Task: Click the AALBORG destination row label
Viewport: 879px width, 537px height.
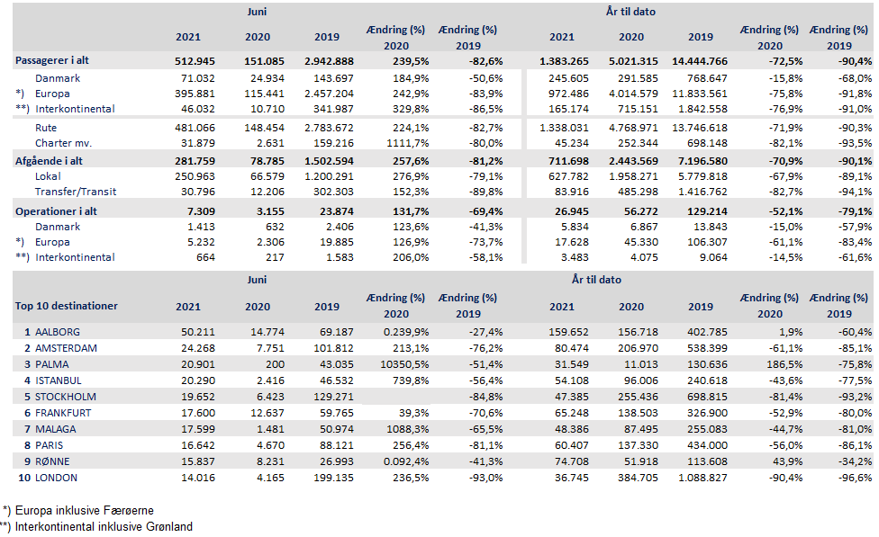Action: pos(58,332)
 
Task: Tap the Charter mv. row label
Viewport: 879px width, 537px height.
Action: pos(64,143)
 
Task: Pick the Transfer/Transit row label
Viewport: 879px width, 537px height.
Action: pos(75,192)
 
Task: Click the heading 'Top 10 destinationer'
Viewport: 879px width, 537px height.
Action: pos(67,306)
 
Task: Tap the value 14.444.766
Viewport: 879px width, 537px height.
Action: pos(696,61)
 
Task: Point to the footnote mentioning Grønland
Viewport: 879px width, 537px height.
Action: pos(96,526)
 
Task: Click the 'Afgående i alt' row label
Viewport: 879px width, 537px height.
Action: pos(51,161)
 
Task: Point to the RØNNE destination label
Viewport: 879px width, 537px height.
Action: pos(54,461)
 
